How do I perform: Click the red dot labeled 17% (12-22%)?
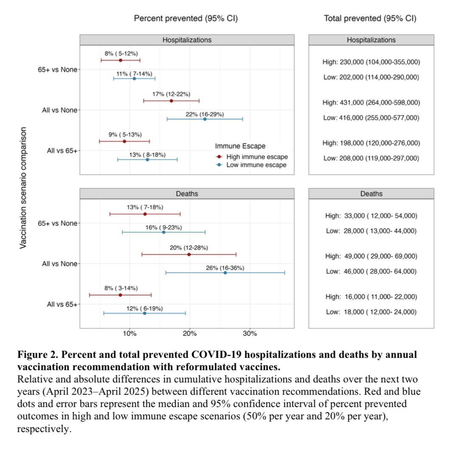tap(171, 101)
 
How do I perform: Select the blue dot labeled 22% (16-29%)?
tap(205, 119)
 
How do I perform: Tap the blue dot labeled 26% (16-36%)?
tap(225, 273)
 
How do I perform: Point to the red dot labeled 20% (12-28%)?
tap(189, 254)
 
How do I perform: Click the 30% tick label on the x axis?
tap(250, 334)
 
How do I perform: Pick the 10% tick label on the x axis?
tap(129, 334)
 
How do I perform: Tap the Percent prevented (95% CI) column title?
tap(186, 19)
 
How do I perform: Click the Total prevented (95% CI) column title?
tap(370, 19)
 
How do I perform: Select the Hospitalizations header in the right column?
tap(371, 40)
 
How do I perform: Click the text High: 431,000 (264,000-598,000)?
tap(371, 103)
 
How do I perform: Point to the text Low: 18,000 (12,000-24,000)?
tap(371, 312)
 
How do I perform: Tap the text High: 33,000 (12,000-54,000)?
tap(371, 216)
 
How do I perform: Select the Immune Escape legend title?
tap(240, 146)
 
